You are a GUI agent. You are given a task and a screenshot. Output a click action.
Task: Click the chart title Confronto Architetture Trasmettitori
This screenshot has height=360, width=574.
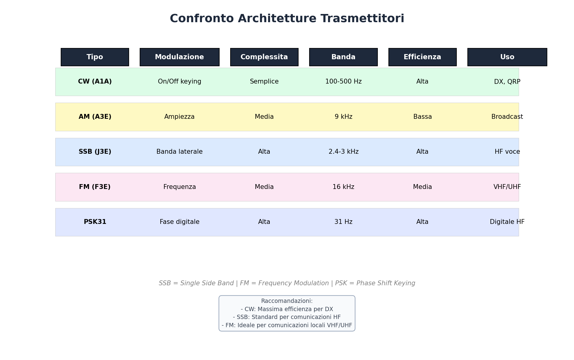coord(287,19)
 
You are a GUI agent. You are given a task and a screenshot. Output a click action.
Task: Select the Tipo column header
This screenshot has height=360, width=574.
coord(95,57)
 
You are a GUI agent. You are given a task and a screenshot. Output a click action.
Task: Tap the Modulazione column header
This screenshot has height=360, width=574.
coord(179,57)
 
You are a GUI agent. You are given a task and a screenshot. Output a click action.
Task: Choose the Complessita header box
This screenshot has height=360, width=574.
coord(264,57)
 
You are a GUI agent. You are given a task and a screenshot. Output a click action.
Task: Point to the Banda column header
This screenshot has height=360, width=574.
coord(343,57)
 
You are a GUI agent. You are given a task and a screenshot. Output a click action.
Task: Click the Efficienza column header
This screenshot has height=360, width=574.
coord(422,57)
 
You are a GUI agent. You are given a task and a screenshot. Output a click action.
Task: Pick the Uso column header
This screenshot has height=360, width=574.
coord(507,57)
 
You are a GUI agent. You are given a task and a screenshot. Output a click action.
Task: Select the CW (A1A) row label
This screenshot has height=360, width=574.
coord(95,82)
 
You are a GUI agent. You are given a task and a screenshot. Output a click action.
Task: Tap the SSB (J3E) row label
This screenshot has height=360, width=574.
coord(95,152)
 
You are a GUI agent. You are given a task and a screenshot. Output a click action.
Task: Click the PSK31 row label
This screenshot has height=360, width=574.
coord(95,222)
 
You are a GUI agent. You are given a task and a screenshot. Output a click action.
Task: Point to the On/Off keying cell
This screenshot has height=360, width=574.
coord(179,82)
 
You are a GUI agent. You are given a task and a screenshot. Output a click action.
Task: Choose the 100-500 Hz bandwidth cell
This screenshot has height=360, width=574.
coord(343,82)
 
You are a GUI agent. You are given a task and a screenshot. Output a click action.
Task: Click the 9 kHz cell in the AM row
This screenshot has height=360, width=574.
coord(343,117)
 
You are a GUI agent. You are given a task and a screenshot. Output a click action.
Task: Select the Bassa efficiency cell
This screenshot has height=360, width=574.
coord(422,117)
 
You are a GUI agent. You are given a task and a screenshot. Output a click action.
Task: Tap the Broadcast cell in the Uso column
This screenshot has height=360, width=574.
coord(507,117)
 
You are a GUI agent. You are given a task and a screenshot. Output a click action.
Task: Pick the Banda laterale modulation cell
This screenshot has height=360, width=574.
coord(179,152)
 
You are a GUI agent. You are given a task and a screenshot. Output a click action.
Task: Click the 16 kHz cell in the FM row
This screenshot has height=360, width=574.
coord(343,187)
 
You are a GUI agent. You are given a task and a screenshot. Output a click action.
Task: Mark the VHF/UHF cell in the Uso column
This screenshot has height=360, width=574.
coord(507,187)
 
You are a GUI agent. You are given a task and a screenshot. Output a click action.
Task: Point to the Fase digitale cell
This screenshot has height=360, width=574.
coord(179,222)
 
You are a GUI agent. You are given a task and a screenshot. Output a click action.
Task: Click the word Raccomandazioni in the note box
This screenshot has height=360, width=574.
coord(286,301)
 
